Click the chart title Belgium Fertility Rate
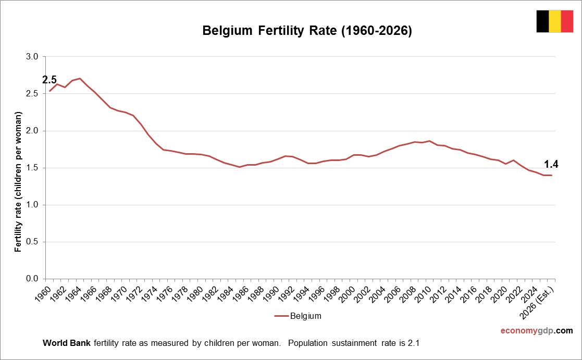(307, 31)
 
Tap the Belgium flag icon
(554, 21)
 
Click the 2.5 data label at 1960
(49, 80)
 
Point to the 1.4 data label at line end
(551, 165)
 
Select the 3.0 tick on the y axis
(32, 57)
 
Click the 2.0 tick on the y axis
(32, 131)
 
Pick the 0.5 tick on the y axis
(32, 242)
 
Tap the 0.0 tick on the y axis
(32, 279)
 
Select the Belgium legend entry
(298, 316)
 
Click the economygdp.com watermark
(536, 331)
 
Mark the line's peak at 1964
(80, 79)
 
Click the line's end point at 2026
(551, 175)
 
